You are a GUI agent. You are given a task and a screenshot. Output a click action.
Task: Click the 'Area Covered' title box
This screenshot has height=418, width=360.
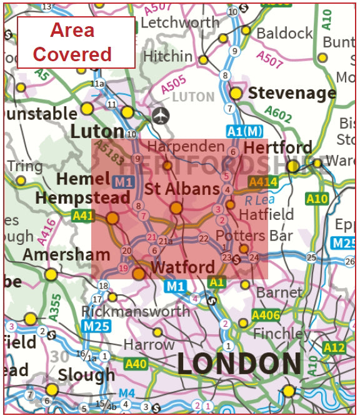[76, 42]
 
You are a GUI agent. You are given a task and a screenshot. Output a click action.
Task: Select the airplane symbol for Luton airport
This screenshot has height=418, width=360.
[161, 116]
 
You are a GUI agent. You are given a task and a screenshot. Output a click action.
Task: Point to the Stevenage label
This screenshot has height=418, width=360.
[292, 93]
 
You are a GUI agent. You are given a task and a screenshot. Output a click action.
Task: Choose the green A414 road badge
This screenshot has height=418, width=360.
[261, 181]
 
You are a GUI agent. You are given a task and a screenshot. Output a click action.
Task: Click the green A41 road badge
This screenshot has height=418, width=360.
[82, 216]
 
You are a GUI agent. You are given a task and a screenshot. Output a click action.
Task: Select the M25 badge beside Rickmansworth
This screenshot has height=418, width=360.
[96, 326]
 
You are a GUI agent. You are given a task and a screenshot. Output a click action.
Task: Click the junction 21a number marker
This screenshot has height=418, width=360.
[166, 241]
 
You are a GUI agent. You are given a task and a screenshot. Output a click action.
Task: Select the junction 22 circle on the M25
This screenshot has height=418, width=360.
[203, 238]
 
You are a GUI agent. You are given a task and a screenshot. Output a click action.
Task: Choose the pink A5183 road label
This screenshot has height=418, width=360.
[109, 153]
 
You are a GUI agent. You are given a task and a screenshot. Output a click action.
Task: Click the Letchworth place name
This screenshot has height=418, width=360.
[180, 22]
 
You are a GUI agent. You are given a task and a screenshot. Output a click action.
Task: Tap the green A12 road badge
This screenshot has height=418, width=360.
[334, 348]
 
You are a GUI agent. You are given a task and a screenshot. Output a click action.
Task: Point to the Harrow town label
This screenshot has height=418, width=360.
[149, 344]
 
